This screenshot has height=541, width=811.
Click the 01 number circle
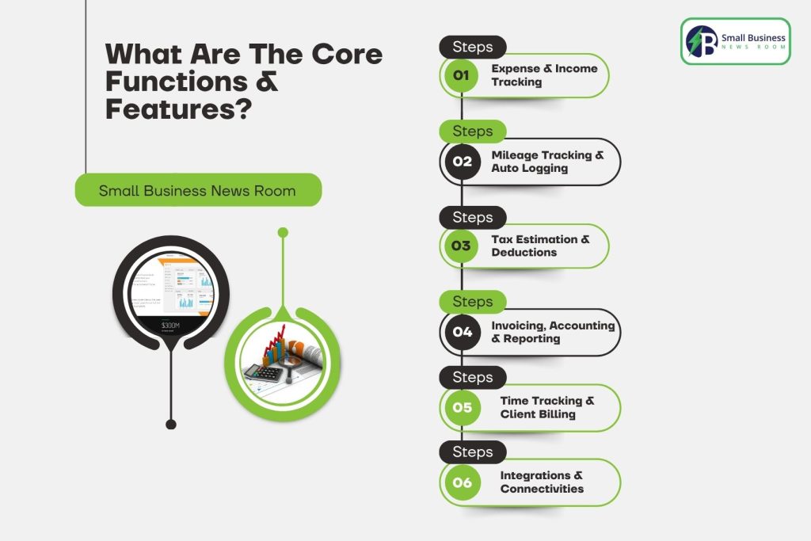pyautogui.click(x=462, y=76)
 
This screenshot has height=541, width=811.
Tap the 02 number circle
pyautogui.click(x=462, y=162)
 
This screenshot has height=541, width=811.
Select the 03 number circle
pyautogui.click(x=462, y=246)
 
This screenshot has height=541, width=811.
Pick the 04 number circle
pyautogui.click(x=462, y=332)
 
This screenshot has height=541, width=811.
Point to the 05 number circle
pyautogui.click(x=462, y=407)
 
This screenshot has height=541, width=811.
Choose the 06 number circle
pyautogui.click(x=462, y=482)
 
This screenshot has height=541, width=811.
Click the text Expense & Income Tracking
pyautogui.click(x=544, y=75)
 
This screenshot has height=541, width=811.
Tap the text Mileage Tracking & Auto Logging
pyautogui.click(x=546, y=162)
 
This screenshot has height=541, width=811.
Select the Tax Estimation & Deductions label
pyautogui.click(x=540, y=246)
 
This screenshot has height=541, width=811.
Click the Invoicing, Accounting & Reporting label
pyautogui.click(x=552, y=332)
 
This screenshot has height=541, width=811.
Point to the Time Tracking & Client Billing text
pyautogui.click(x=546, y=407)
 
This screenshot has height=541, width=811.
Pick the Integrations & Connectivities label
pyautogui.click(x=542, y=482)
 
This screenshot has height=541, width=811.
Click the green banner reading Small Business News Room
pyautogui.click(x=198, y=191)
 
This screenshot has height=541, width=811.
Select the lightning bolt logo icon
pyautogui.click(x=702, y=41)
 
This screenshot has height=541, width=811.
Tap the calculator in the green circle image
pyautogui.click(x=261, y=373)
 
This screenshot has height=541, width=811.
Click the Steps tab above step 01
pyautogui.click(x=472, y=47)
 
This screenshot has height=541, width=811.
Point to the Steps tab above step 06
pyautogui.click(x=472, y=452)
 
